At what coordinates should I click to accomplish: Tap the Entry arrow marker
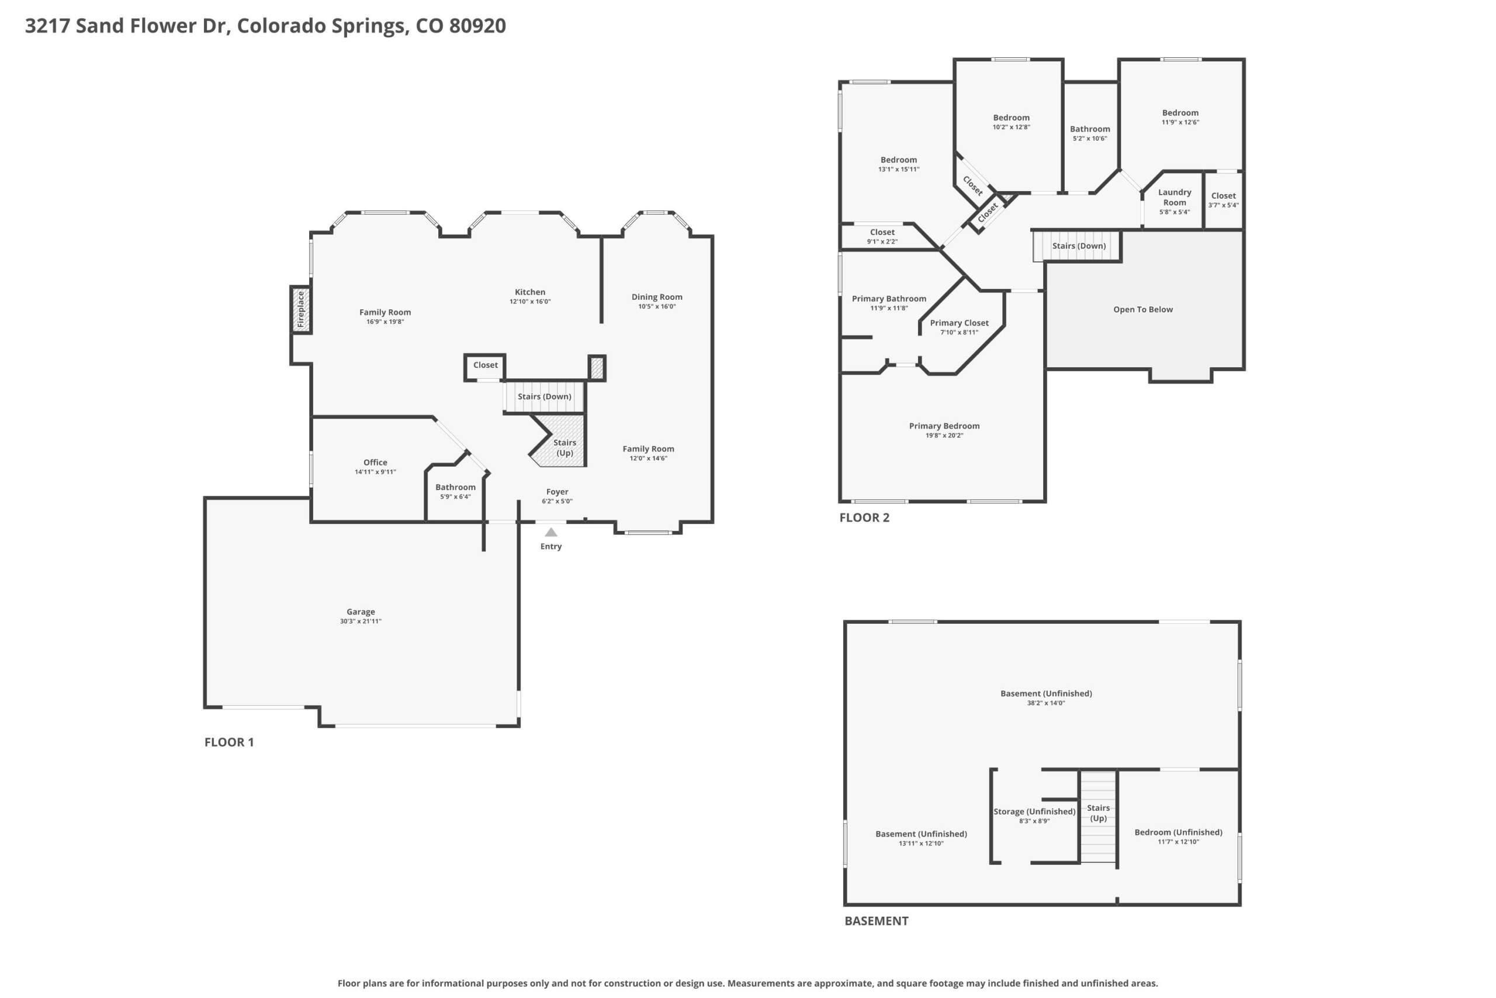point(551,532)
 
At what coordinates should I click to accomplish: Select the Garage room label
point(361,612)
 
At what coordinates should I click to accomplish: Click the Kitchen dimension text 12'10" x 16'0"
point(530,302)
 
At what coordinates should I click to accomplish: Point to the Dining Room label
point(657,296)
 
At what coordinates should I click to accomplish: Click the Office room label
point(375,462)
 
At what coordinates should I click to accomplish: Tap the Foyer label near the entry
point(557,491)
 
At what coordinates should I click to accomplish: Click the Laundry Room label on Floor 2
point(1174,197)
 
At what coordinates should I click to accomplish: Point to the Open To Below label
point(1143,309)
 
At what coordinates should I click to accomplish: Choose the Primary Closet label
point(959,323)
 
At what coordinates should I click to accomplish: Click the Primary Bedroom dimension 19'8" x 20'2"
point(944,436)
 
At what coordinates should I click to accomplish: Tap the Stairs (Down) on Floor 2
point(1077,246)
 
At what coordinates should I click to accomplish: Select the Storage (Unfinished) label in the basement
point(1034,811)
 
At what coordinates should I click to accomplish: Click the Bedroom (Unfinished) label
point(1179,832)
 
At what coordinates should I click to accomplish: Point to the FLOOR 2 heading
point(864,517)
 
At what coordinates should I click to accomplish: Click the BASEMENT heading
point(877,921)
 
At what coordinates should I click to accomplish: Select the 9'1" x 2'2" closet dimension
point(882,242)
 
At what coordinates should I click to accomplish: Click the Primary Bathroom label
point(889,299)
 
